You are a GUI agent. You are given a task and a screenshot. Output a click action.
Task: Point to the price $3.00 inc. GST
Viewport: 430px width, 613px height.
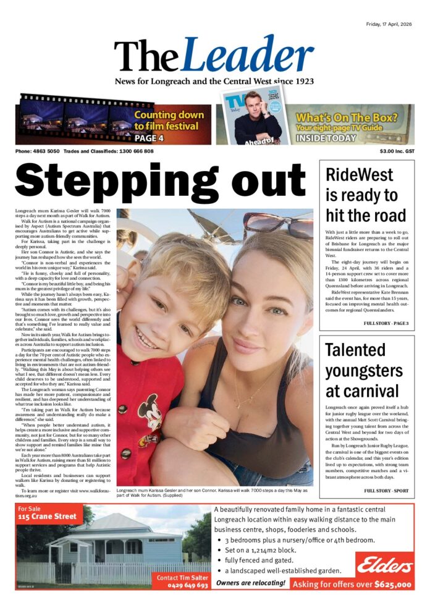click(x=397, y=151)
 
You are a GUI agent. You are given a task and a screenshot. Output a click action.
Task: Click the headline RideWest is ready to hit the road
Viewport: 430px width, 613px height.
click(x=366, y=195)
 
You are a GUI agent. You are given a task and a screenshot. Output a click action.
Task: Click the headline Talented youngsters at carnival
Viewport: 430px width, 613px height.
click(x=363, y=370)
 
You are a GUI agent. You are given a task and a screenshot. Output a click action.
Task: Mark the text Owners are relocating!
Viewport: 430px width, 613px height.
click(x=250, y=583)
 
